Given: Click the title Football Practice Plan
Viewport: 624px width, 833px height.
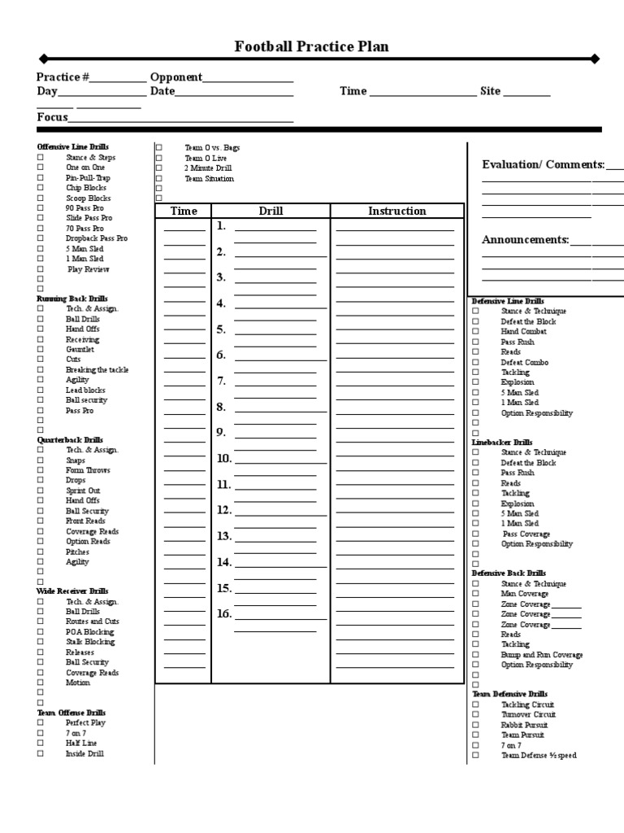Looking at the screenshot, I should pyautogui.click(x=311, y=46).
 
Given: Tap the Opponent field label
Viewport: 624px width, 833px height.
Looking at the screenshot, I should pyautogui.click(x=175, y=77).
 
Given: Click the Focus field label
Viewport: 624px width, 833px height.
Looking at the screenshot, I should pyautogui.click(x=52, y=117).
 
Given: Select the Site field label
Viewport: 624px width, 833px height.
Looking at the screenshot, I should pyautogui.click(x=490, y=91).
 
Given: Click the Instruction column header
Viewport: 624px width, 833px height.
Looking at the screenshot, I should pyautogui.click(x=396, y=212).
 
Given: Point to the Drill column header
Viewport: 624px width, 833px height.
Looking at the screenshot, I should pyautogui.click(x=271, y=212).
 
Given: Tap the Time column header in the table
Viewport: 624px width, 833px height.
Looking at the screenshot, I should pyautogui.click(x=184, y=212).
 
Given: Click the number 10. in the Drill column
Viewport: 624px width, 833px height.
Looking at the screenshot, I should pyautogui.click(x=224, y=459).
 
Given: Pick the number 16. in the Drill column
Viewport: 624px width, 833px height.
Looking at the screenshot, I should pyautogui.click(x=224, y=614).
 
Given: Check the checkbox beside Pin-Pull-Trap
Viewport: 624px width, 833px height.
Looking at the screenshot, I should pyautogui.click(x=40, y=178).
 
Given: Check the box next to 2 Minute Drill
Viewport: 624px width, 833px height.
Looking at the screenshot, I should pyautogui.click(x=159, y=168).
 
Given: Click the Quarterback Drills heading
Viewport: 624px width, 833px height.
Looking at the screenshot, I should pyautogui.click(x=70, y=440).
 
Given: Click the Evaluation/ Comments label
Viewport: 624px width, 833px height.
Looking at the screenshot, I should pyautogui.click(x=543, y=165).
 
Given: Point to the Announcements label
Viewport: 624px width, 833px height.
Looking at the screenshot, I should pyautogui.click(x=525, y=240).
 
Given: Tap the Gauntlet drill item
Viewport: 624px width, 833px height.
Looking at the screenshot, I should pyautogui.click(x=80, y=349).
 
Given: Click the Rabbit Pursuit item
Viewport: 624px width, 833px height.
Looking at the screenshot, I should pyautogui.click(x=524, y=725).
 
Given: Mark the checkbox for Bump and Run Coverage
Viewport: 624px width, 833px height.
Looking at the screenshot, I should pyautogui.click(x=476, y=655).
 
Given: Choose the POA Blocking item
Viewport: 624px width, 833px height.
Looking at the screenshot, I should pyautogui.click(x=89, y=632).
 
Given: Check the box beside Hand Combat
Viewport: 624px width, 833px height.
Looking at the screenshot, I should pyautogui.click(x=476, y=332).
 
